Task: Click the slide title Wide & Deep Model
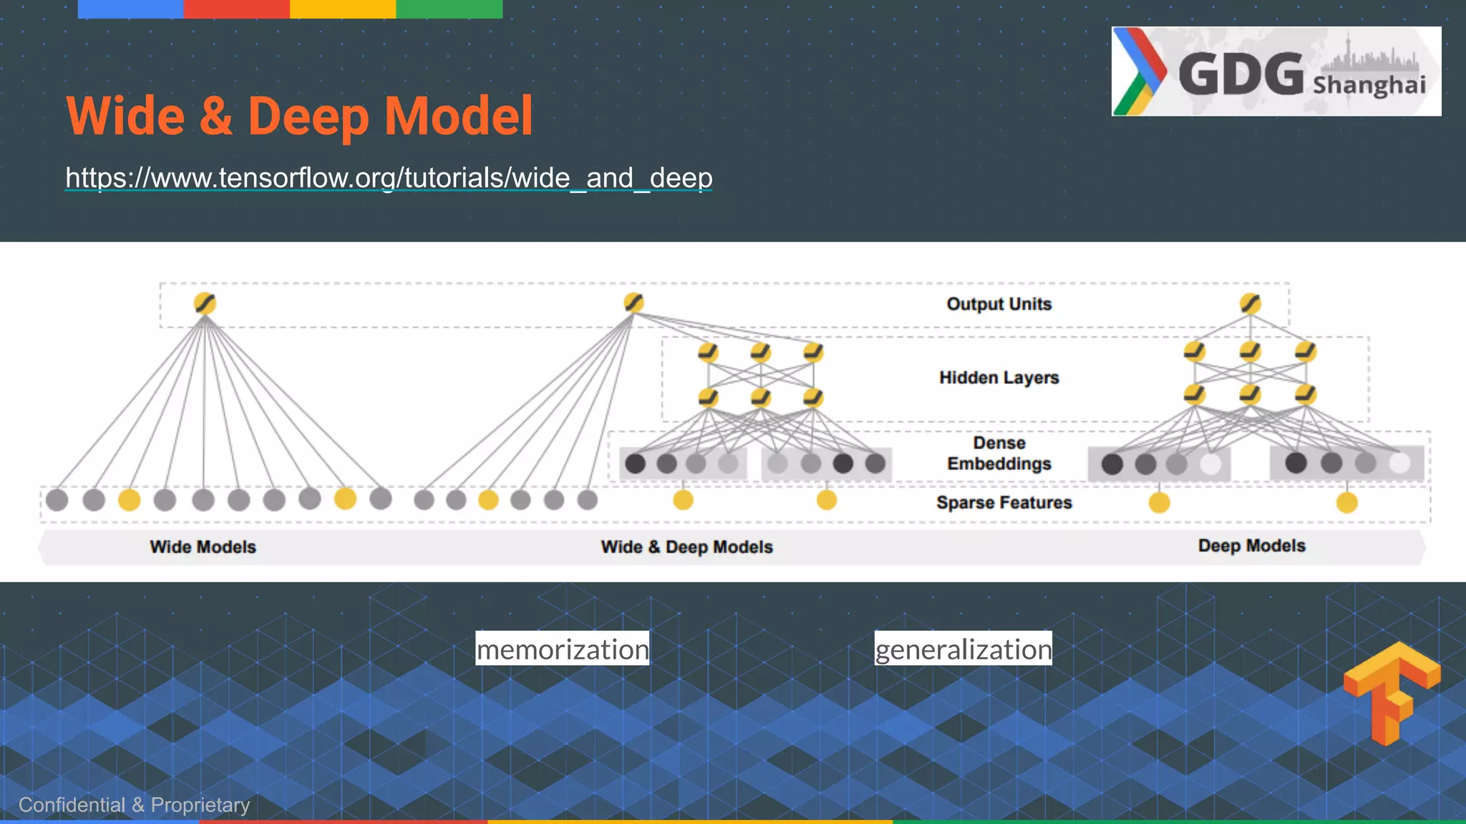[x=299, y=116]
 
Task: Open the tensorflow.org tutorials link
[x=389, y=177]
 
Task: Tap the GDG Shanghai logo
[x=1276, y=72]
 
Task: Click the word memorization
[x=563, y=649]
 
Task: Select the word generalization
[x=963, y=649]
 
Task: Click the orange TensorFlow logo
[x=1392, y=692]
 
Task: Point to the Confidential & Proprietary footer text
[x=134, y=805]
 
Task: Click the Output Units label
[x=999, y=304]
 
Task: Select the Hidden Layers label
[x=999, y=378]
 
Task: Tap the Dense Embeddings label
[x=999, y=453]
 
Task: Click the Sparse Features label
[x=1004, y=503]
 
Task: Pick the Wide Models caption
[x=203, y=547]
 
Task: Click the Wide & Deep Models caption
[x=686, y=547]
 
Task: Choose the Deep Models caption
[x=1251, y=546]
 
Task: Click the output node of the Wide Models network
[x=205, y=303]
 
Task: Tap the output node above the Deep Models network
[x=1250, y=303]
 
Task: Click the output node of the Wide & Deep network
[x=634, y=303]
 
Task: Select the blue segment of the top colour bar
[x=130, y=9]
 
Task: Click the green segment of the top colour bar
[x=449, y=9]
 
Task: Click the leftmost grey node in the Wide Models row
[x=57, y=499]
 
